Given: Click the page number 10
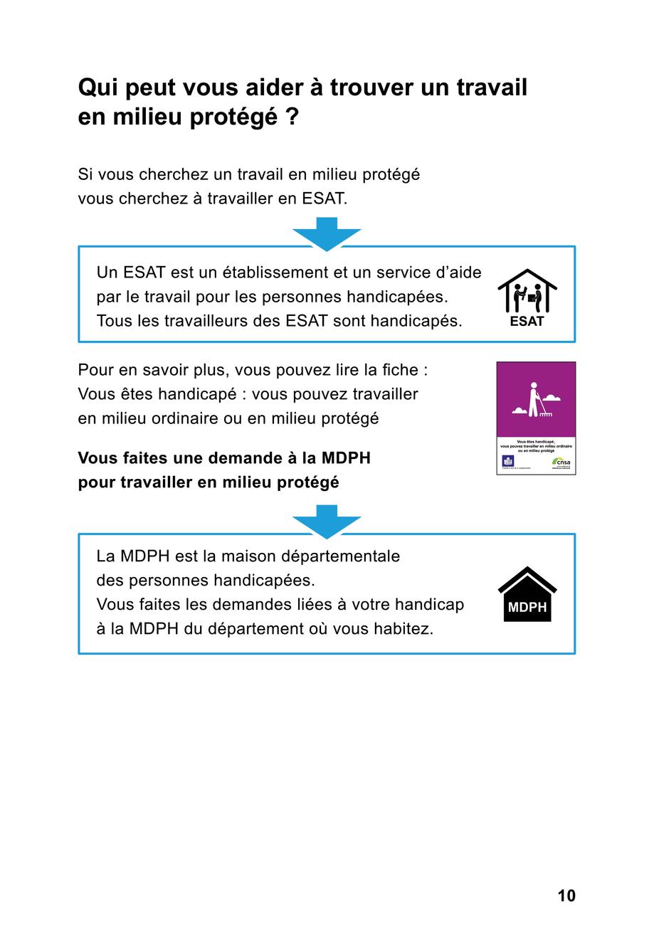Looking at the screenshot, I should tap(566, 896).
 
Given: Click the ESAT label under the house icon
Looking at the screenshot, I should tap(527, 322).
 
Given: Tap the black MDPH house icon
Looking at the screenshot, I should tap(527, 595).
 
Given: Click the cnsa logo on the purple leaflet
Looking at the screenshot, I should tap(561, 462).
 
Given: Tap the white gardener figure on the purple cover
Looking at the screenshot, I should tap(534, 401).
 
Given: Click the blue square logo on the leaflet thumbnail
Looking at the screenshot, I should tap(508, 461).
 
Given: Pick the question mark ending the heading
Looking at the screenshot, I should tap(292, 117).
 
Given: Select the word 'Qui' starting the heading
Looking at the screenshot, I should tap(97, 88).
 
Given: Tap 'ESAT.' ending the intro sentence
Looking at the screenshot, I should tap(325, 199).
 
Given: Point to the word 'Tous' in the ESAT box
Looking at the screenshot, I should tap(114, 321).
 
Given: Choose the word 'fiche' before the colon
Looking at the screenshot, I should tap(401, 370).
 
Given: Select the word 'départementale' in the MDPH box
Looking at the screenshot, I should tap(341, 556).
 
